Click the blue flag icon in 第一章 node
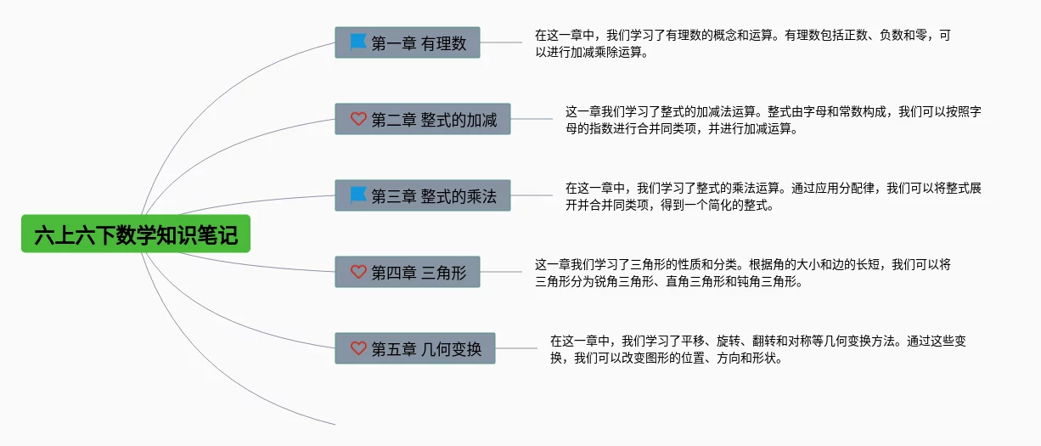[358, 42]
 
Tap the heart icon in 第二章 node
[358, 119]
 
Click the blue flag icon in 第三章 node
[358, 195]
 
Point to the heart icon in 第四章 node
[358, 272]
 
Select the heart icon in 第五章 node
[358, 348]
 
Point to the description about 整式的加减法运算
[774, 120]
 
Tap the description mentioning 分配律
[774, 196]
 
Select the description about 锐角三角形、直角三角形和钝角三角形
[742, 273]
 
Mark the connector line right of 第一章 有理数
[501, 42]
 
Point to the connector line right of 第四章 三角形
[501, 272]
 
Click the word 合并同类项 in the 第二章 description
[666, 129]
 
